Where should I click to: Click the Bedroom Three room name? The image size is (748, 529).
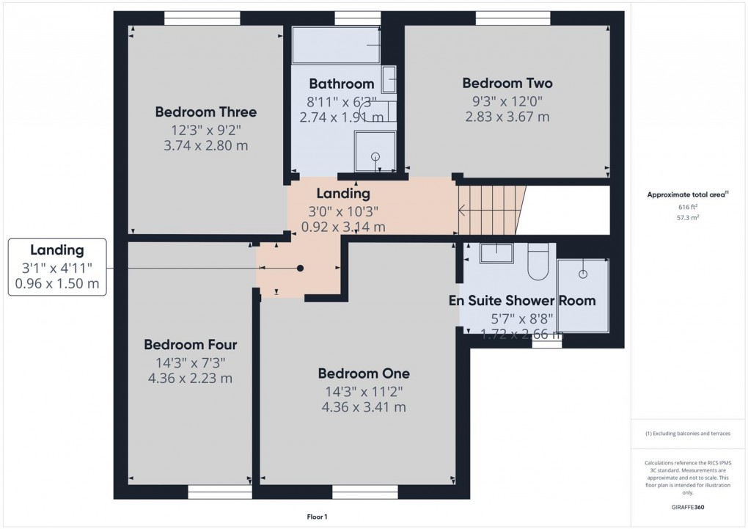coord(205,112)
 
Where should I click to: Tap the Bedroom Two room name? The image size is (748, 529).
coord(507,83)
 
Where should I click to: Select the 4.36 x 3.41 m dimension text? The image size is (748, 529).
coord(363,407)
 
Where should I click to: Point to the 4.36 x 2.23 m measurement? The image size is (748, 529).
coord(190,379)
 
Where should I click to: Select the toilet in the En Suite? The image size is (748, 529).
coord(538,262)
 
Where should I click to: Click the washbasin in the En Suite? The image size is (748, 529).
coord(497,253)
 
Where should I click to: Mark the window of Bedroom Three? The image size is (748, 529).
coord(202,18)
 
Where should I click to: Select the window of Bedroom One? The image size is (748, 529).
coord(364,492)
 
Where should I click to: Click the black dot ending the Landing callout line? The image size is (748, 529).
coord(300,269)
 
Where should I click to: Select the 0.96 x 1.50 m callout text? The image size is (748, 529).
coord(57,282)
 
